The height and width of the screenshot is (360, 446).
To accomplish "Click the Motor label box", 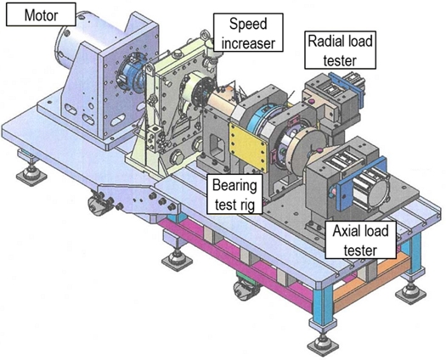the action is [41, 14].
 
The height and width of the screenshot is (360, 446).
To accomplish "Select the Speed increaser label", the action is [248, 32].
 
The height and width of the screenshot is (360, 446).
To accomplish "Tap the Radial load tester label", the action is [340, 50].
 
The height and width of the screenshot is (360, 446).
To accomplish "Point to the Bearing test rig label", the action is [234, 194].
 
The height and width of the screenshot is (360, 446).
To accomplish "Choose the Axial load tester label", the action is [360, 240].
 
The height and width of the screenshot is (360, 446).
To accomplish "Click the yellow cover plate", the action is [248, 147].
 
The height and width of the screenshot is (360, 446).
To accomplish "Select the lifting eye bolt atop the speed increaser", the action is [206, 36].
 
